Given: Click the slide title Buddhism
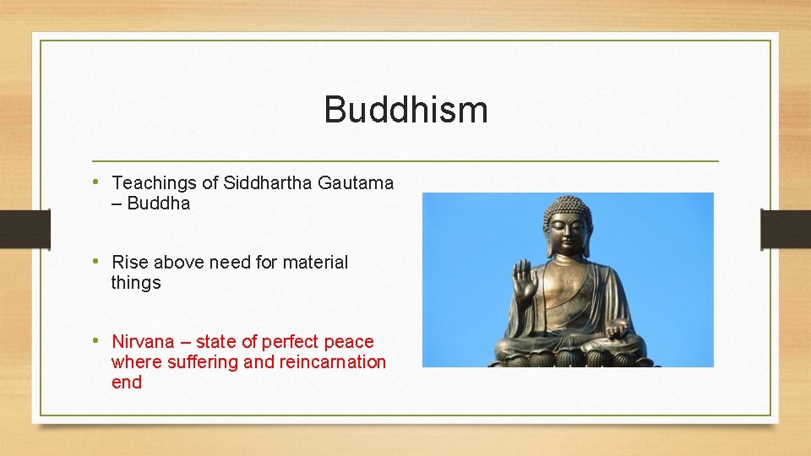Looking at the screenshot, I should pyautogui.click(x=405, y=110).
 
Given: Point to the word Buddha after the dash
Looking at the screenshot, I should pyautogui.click(x=158, y=204).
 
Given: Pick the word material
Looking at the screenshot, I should pyautogui.click(x=315, y=263).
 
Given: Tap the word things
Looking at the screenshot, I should pyautogui.click(x=136, y=283).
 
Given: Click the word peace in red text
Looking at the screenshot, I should pyautogui.click(x=351, y=342).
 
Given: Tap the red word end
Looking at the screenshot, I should pyautogui.click(x=127, y=383).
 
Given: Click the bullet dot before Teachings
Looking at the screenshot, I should pyautogui.click(x=98, y=182).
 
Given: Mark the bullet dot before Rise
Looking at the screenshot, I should pyautogui.click(x=98, y=262).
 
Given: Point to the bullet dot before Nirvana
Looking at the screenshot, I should pyautogui.click(x=98, y=341).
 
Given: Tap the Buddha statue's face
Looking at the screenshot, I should pyautogui.click(x=567, y=233).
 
